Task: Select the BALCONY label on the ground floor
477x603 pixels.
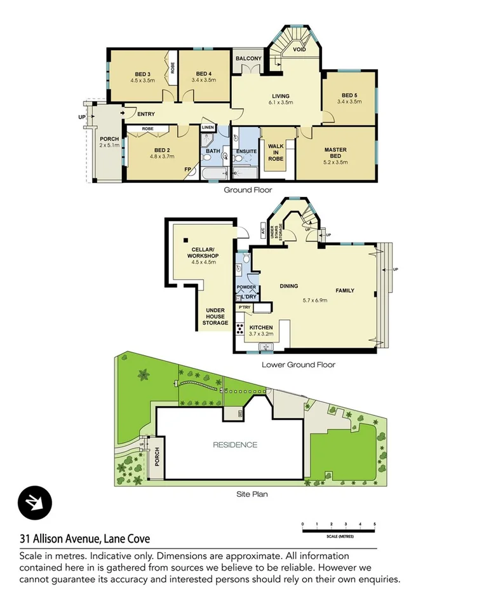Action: tap(248, 59)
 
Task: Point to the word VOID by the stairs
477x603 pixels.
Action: tap(300, 49)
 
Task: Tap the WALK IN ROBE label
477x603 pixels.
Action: tap(276, 153)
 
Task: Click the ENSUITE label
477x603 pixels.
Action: tap(246, 151)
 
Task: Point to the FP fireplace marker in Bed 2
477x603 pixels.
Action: tap(187, 170)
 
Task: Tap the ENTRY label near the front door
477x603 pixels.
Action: tap(145, 114)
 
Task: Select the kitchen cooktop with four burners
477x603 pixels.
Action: tap(241, 329)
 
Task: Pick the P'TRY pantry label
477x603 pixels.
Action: tap(245, 308)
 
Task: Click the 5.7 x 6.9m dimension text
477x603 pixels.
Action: tap(315, 301)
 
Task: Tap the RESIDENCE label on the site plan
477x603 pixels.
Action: tap(235, 445)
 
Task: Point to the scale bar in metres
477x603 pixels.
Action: tap(339, 529)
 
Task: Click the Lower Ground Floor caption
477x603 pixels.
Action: tap(298, 365)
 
